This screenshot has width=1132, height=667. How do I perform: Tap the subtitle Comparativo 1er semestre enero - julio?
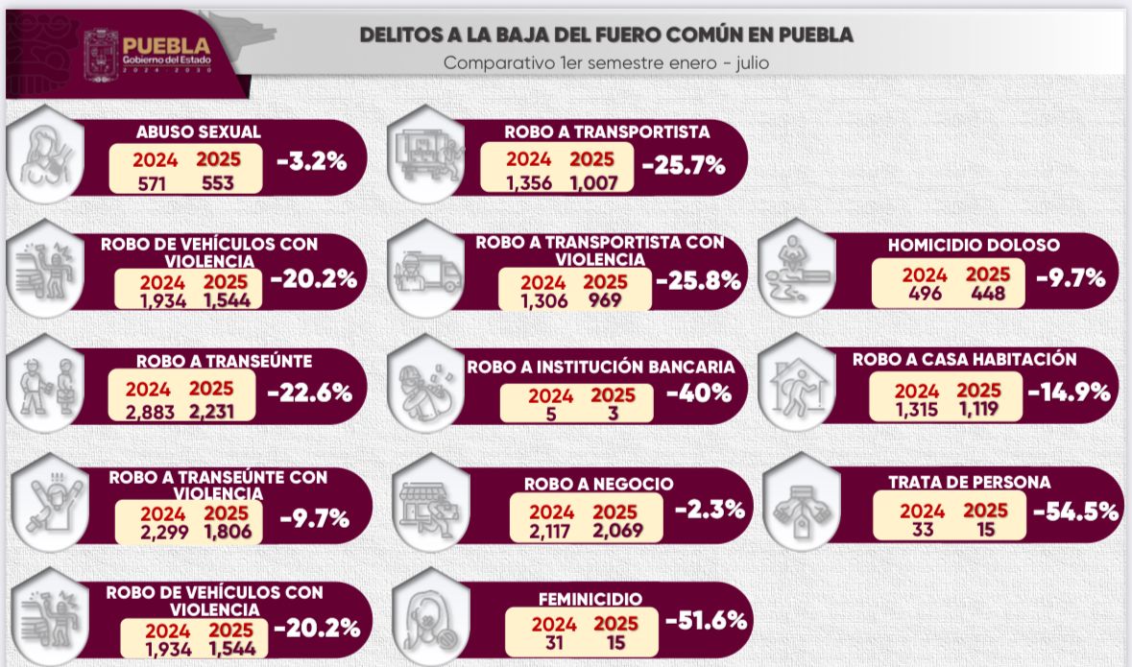tap(606, 63)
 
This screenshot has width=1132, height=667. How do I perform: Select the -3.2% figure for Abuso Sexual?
tap(311, 161)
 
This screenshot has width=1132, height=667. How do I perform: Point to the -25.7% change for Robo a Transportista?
tap(683, 165)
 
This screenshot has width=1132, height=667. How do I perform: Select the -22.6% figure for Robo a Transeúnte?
tap(309, 393)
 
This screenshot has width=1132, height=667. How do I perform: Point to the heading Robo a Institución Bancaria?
tap(601, 367)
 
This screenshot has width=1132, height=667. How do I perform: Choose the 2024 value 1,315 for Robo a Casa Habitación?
tap(918, 411)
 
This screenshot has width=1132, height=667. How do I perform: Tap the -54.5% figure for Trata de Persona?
tap(1075, 511)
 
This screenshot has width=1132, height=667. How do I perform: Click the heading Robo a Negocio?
tap(598, 484)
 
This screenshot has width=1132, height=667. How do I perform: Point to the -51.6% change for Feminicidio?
tap(706, 621)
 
